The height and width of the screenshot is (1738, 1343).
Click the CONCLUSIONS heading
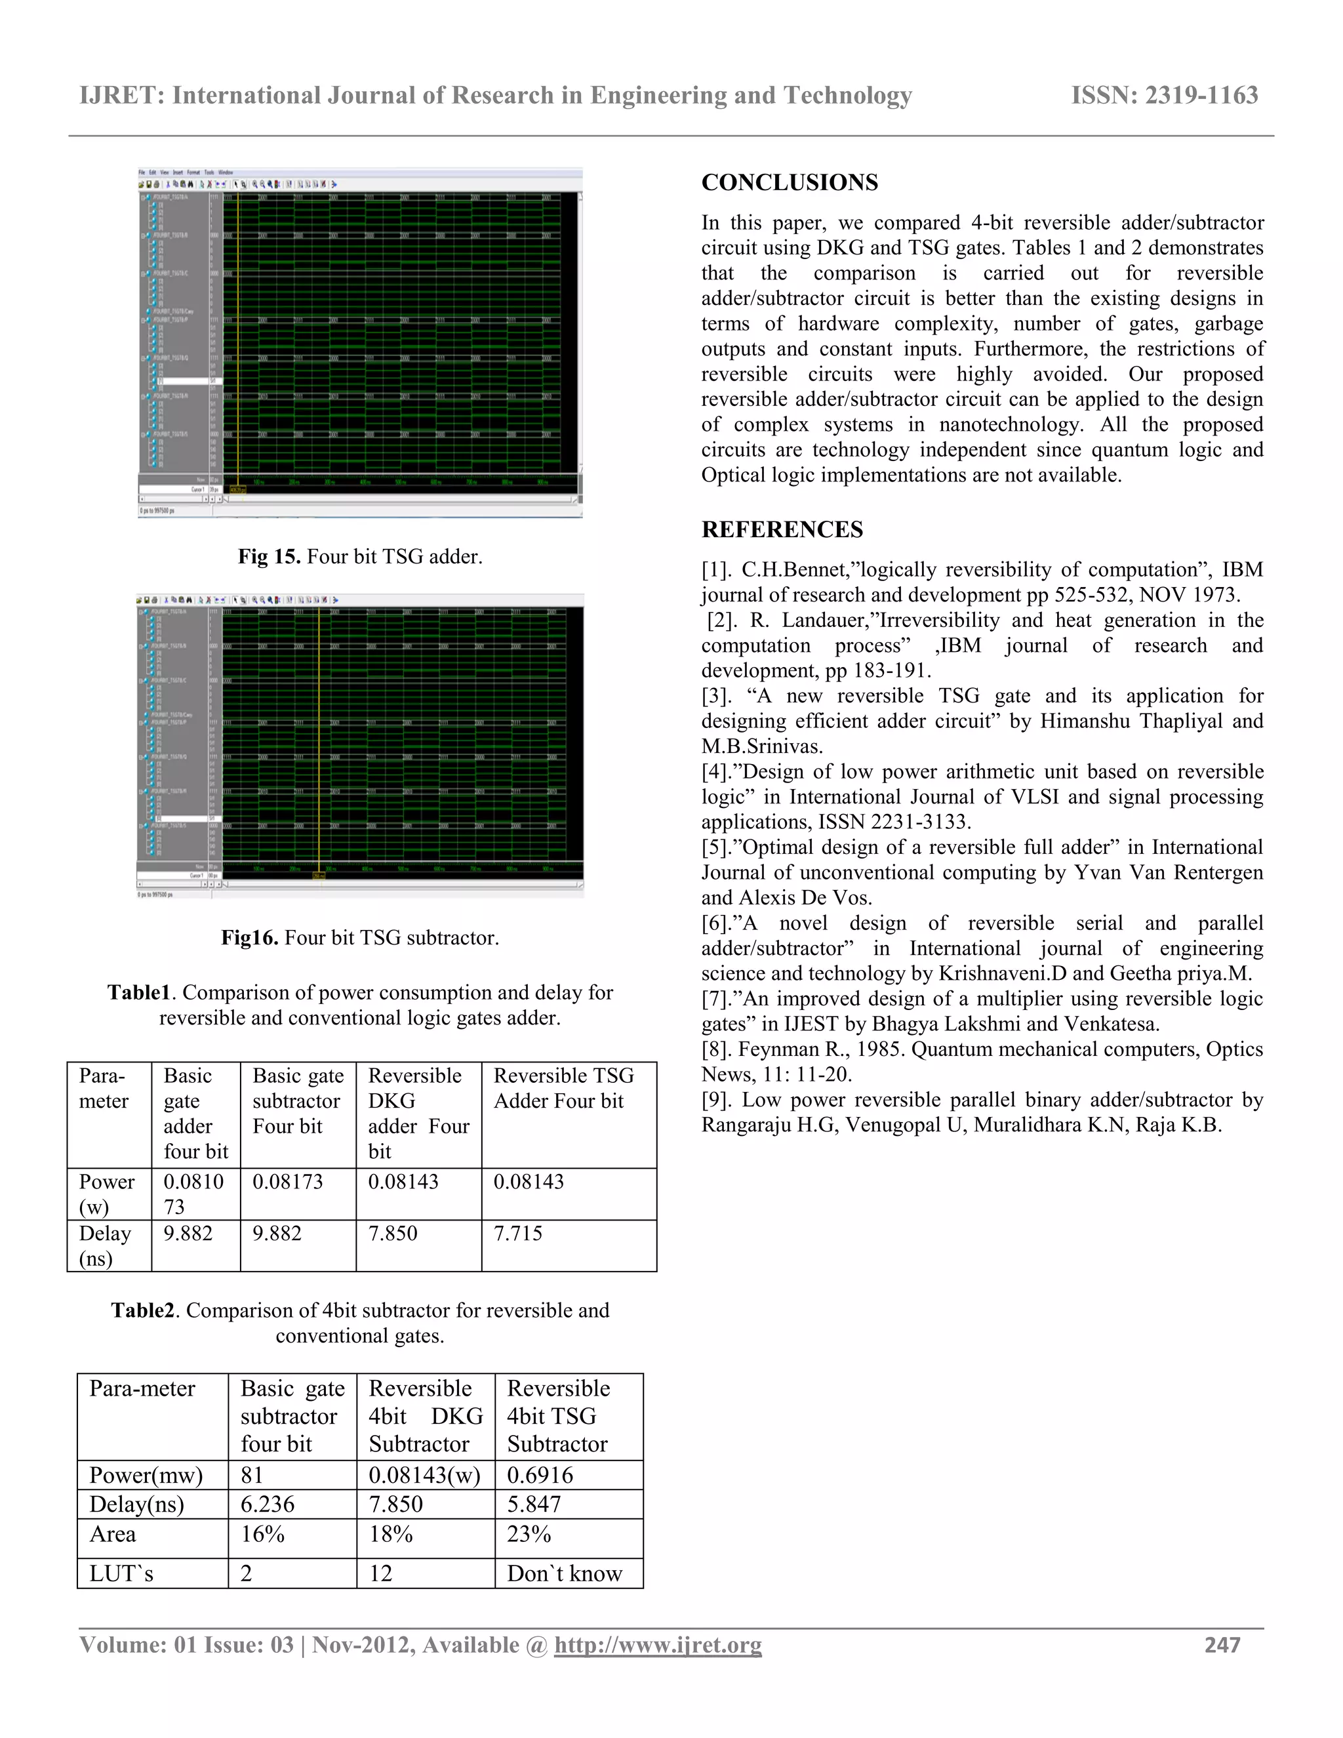790,182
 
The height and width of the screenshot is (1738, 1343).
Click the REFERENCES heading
782,529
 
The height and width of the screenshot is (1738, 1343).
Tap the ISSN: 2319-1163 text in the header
1164,96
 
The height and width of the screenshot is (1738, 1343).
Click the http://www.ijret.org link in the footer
657,1645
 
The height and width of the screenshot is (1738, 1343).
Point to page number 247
1222,1645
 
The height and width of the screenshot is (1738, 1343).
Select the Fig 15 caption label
269,556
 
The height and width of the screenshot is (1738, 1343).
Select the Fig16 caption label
249,937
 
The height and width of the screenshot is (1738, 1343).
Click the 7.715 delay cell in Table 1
518,1234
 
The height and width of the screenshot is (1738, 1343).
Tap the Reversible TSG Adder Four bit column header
563,1088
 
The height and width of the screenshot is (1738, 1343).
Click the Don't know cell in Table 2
565,1573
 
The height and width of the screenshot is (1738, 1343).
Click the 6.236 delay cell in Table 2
268,1504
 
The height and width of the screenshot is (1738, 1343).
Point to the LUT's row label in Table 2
121,1573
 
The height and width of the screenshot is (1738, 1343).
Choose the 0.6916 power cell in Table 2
540,1474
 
